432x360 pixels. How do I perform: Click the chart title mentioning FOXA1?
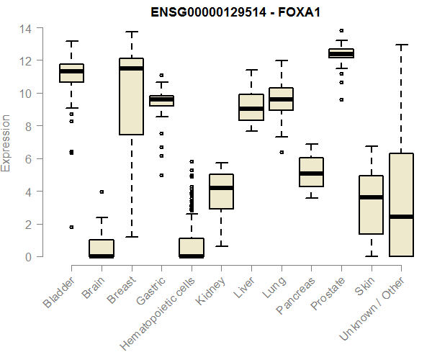[x=235, y=12]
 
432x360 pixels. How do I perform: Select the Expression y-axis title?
[x=7, y=143]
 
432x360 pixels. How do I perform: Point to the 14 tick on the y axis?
[x=26, y=29]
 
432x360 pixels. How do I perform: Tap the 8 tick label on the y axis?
[x=27, y=127]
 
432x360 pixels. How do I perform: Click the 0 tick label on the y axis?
[x=27, y=256]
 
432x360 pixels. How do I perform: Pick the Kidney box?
[x=221, y=192]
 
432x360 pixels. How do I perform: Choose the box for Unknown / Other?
[x=401, y=204]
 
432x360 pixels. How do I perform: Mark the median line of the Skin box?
[x=371, y=197]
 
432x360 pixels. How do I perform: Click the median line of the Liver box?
[x=251, y=109]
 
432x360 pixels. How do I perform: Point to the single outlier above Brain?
[x=102, y=192]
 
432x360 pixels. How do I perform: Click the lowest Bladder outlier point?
[x=71, y=227]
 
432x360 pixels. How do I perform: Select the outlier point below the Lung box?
[x=282, y=152]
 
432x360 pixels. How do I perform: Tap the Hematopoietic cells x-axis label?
[x=169, y=302]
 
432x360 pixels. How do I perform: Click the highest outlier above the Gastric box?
[x=161, y=75]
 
